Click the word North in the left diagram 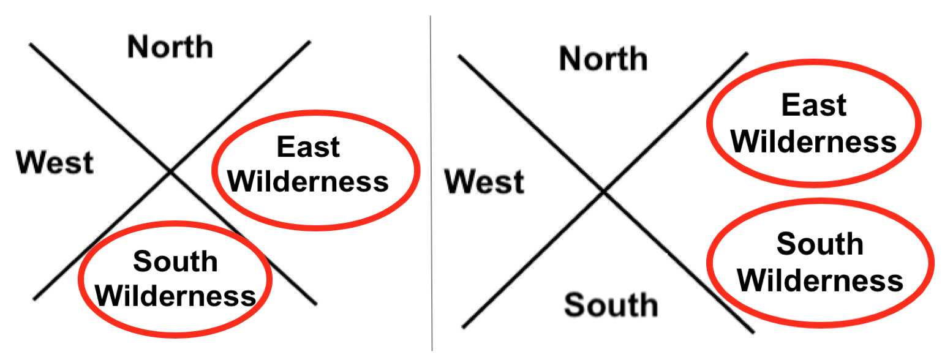tap(170, 47)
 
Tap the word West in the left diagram tap(55, 163)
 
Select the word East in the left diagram tap(308, 148)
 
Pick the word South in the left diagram tap(175, 262)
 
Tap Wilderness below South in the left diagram tap(176, 296)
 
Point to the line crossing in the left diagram tap(171, 172)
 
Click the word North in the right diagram tap(603, 59)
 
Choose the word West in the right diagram tap(484, 182)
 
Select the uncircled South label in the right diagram tap(611, 305)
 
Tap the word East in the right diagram tap(814, 106)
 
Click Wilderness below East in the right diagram tap(814, 142)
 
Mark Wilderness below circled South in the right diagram tap(820, 281)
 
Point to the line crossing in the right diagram tap(603, 192)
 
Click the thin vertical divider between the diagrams tap(431, 184)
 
